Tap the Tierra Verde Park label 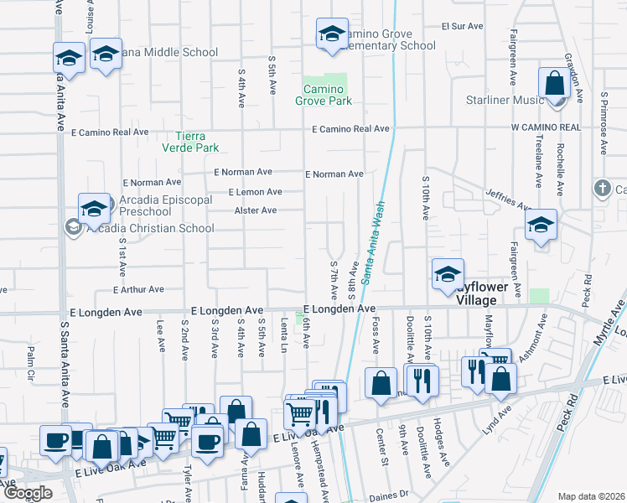[197, 142]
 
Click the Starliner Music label [505, 101]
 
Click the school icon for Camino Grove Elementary [332, 35]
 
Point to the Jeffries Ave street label [509, 200]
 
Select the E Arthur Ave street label [139, 290]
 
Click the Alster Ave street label [256, 210]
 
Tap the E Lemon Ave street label [255, 192]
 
